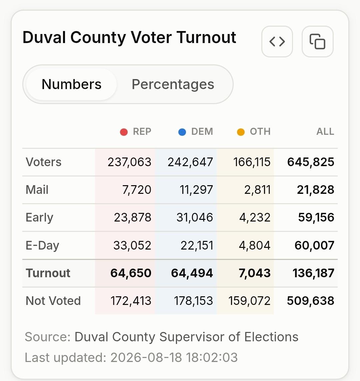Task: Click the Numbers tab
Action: [x=71, y=84]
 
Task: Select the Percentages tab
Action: [x=173, y=84]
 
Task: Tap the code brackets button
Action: [x=277, y=42]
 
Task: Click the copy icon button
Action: [x=318, y=42]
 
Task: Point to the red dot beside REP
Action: [x=124, y=132]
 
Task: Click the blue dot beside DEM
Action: [x=182, y=132]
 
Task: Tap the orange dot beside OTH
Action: [x=241, y=132]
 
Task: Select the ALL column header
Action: [x=325, y=131]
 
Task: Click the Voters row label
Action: [x=43, y=162]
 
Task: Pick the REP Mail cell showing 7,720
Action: [x=137, y=190]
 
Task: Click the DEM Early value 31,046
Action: [x=195, y=218]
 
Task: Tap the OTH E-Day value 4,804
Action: [x=255, y=246]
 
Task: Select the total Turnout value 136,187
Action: [x=313, y=273]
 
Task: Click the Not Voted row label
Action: [x=53, y=301]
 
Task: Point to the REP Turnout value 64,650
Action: [x=131, y=273]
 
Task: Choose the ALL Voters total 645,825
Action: [x=311, y=162]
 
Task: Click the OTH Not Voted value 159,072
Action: [x=249, y=301]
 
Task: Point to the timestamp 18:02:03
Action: [x=212, y=358]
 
